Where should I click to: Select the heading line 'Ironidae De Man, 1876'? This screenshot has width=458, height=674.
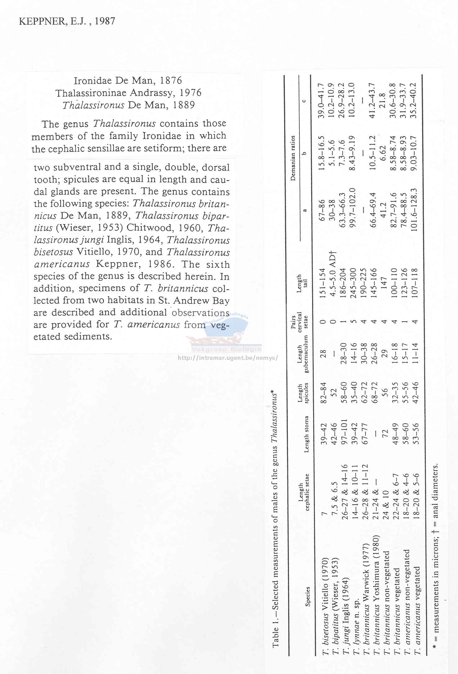[x=128, y=81]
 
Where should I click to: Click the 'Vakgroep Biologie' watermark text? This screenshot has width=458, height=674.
[x=227, y=349]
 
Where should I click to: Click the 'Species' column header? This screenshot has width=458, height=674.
[x=308, y=597]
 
